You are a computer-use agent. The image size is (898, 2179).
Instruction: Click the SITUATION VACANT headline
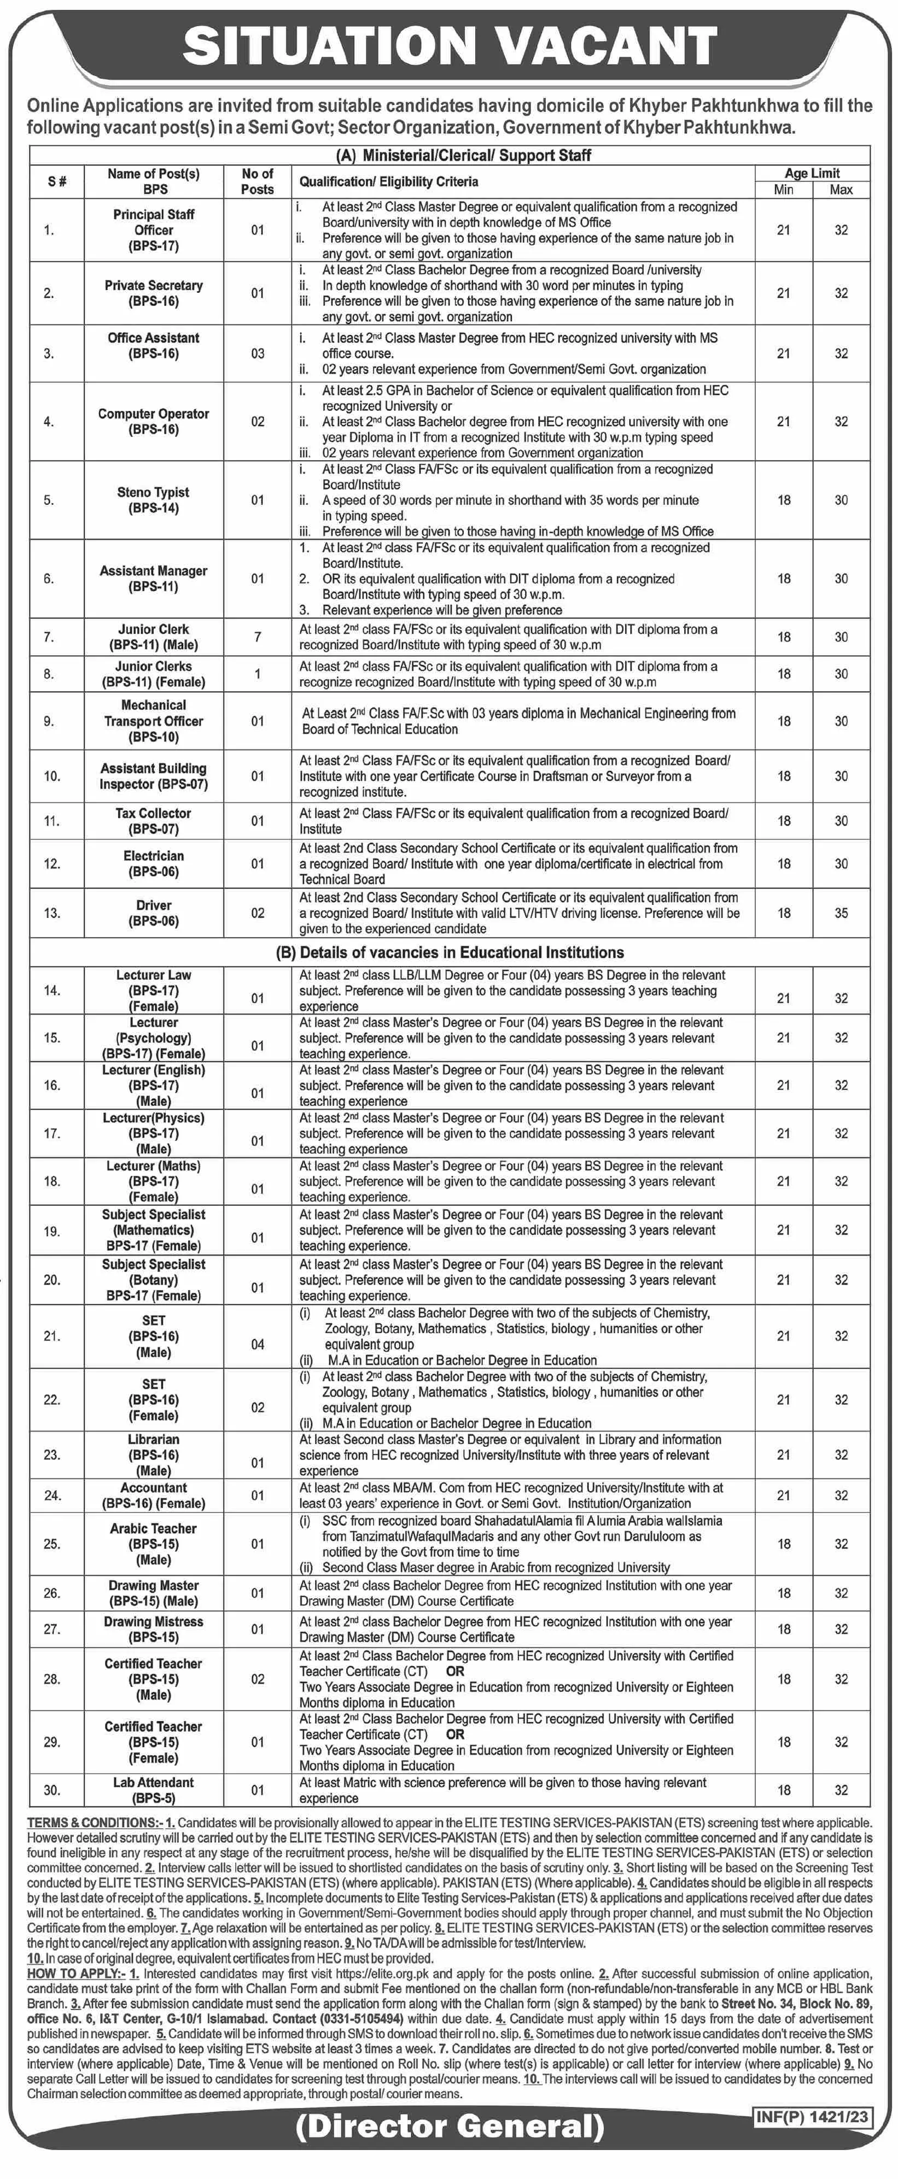point(450,46)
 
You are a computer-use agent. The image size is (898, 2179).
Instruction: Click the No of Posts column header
point(257,181)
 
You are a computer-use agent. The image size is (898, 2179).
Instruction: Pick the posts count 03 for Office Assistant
point(257,354)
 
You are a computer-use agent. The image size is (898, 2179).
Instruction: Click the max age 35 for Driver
point(841,912)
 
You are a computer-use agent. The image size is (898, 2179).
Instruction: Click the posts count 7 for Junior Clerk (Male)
point(257,637)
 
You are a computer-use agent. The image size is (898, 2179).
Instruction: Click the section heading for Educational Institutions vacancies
point(450,952)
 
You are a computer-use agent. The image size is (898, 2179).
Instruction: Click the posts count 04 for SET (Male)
point(257,1344)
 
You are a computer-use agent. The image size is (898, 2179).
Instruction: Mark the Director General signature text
point(450,2125)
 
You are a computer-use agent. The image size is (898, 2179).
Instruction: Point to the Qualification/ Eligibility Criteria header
point(388,181)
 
